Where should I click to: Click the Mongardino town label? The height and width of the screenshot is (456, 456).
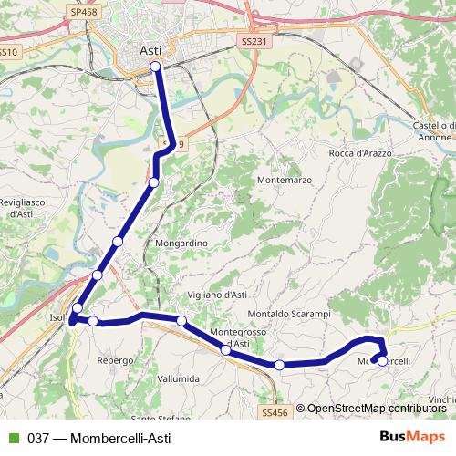181,244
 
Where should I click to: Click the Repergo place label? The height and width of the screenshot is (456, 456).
116,361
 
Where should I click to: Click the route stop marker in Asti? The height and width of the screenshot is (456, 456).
155,67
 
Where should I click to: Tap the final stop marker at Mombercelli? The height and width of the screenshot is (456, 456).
382,360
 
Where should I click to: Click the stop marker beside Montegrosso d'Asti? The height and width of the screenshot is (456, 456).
226,349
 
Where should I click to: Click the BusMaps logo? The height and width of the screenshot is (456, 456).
411,437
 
